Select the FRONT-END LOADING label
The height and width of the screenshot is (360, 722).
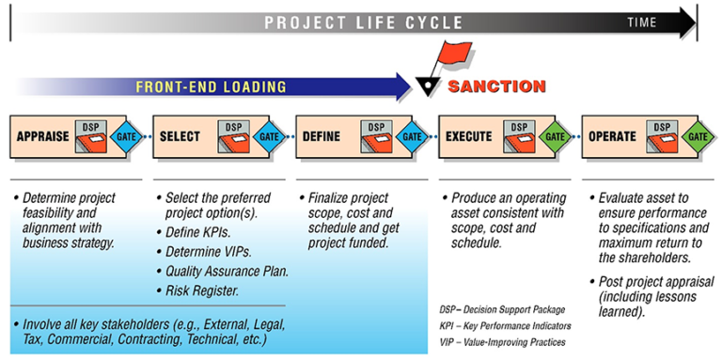pos(211,87)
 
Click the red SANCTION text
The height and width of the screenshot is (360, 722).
pos(495,86)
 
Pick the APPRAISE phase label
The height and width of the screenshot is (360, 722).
pos(43,136)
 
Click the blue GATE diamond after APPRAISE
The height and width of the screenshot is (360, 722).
pos(126,136)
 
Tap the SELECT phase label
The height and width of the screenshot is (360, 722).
pos(180,136)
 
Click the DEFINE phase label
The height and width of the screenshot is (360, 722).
pos(322,136)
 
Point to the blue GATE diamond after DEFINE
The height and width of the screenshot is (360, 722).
pos(413,136)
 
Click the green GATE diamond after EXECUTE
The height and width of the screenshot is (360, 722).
pos(556,136)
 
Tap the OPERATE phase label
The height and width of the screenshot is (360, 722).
pos(613,136)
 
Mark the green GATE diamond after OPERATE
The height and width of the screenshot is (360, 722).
pos(698,136)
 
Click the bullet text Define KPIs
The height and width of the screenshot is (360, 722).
pos(204,231)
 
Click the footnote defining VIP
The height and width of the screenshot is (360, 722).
pos(502,342)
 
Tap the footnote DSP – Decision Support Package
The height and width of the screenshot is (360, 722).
pos(504,309)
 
